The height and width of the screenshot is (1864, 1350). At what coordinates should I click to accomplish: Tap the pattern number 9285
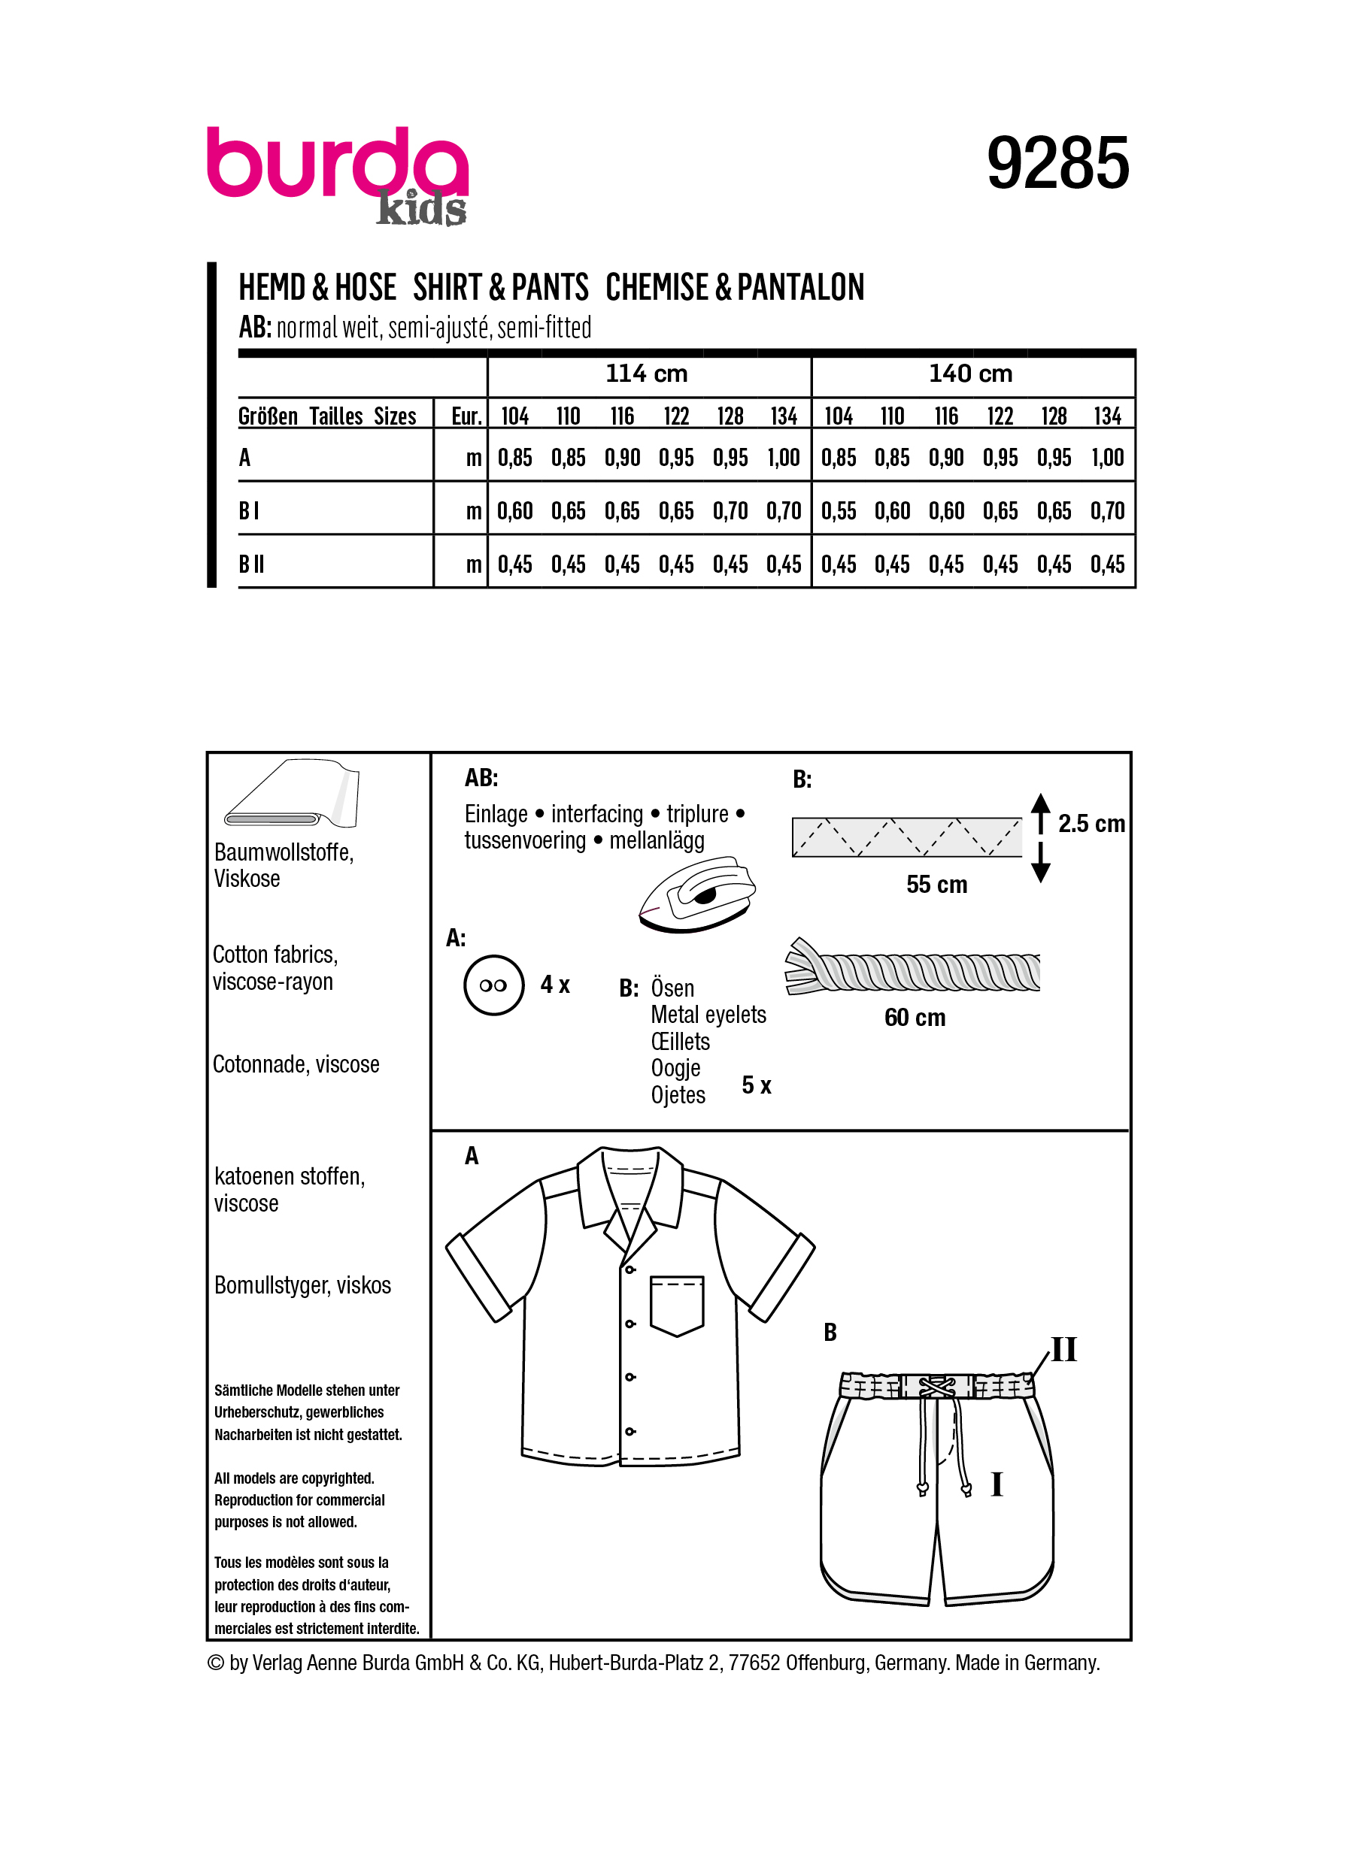(1057, 163)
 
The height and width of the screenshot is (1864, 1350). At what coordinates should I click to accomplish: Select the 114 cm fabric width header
(646, 374)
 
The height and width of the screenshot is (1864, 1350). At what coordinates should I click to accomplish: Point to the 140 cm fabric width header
(970, 374)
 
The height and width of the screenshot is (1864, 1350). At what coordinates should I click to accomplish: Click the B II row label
(252, 564)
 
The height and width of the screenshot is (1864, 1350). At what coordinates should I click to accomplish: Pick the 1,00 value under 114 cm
(784, 458)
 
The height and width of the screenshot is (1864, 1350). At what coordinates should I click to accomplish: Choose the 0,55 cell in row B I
(839, 511)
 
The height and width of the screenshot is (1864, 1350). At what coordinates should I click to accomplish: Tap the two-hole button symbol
(493, 985)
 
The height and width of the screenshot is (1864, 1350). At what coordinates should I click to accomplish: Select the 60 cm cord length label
(915, 1018)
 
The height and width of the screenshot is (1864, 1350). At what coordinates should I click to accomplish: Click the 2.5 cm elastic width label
(1091, 824)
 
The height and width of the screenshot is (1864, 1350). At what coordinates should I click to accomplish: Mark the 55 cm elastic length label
(936, 885)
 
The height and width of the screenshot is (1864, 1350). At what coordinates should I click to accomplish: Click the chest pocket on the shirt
(677, 1304)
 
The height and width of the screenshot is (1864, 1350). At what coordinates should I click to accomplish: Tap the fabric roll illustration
(292, 793)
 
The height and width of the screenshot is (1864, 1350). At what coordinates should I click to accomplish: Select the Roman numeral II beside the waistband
(1064, 1349)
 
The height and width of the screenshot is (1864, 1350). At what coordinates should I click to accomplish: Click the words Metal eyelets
(708, 1015)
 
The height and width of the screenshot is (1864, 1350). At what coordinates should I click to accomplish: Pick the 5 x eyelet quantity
(757, 1085)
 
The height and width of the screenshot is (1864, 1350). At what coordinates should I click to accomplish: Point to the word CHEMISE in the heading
(657, 288)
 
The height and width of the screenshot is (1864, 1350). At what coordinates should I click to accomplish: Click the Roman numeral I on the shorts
(997, 1484)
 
